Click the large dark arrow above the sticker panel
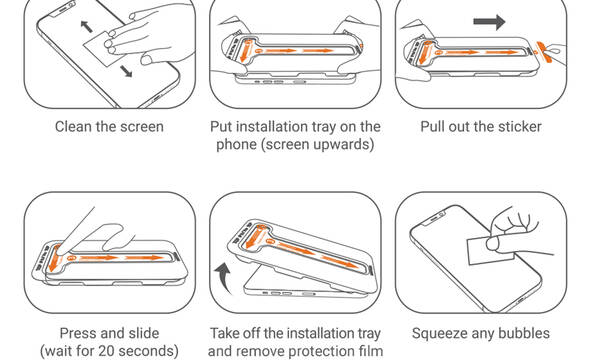[x=489, y=22]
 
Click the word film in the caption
[x=371, y=351]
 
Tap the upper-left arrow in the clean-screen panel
[x=86, y=26]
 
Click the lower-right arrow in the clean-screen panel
[x=126, y=71]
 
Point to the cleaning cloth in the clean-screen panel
[x=100, y=49]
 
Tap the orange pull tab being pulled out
[x=544, y=51]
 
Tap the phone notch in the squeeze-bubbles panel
[x=435, y=217]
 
